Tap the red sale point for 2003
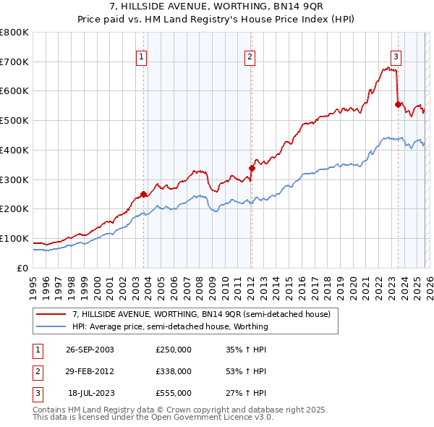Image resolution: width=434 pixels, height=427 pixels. tap(144, 193)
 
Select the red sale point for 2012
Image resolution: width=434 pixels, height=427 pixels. tap(252, 168)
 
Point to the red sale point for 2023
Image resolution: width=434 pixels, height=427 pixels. tap(397, 104)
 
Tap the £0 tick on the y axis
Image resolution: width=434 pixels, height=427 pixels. tap(22, 268)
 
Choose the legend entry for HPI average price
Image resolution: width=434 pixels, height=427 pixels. tap(170, 326)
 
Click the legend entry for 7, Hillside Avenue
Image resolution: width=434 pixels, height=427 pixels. tap(201, 314)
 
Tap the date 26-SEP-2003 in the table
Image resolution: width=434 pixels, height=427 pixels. tap(90, 349)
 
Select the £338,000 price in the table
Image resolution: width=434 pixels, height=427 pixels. tap(174, 371)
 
